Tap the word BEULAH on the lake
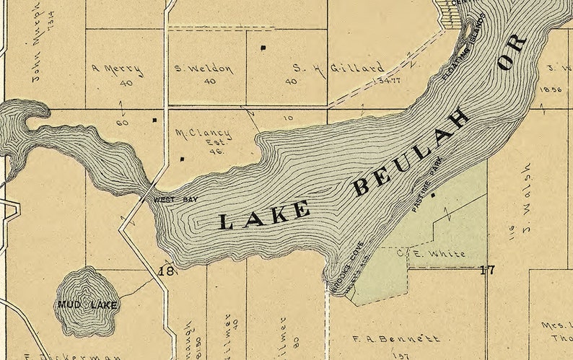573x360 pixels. point(411,152)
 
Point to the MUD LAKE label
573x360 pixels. point(87,305)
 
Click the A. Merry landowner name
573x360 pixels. point(117,70)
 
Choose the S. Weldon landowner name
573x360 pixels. point(204,70)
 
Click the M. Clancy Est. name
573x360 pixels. point(204,134)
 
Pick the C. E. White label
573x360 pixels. point(432,254)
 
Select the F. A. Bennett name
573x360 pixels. point(396,338)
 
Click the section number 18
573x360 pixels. point(167,271)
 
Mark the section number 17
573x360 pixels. point(486,270)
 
